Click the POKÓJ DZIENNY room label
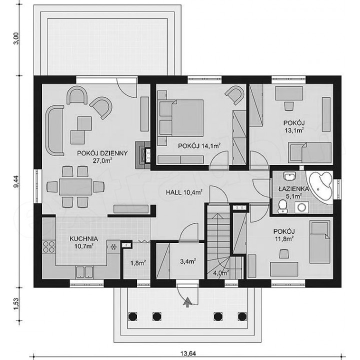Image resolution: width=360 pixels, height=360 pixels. click(x=102, y=153)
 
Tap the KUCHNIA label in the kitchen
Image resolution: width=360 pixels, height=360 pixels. click(x=84, y=239)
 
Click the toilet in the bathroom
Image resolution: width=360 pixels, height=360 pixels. click(x=282, y=206)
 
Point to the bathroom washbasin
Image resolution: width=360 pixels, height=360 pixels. click(x=290, y=176)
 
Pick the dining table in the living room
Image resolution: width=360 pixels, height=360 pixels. click(x=75, y=186)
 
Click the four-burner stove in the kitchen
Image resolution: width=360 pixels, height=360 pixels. click(x=49, y=247)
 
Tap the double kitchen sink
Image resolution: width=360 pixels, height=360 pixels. click(x=84, y=272)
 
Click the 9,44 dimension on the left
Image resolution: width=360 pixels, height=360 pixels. click(x=16, y=181)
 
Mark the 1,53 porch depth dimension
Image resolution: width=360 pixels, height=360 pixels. click(x=16, y=304)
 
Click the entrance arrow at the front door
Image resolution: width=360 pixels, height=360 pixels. click(x=187, y=301)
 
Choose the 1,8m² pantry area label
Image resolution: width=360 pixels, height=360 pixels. click(x=138, y=263)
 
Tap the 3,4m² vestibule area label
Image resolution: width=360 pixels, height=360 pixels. click(x=188, y=261)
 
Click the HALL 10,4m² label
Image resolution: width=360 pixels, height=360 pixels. click(x=184, y=192)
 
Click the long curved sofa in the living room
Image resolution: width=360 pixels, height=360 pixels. click(x=54, y=130)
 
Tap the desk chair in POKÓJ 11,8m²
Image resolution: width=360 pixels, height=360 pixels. click(x=284, y=253)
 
